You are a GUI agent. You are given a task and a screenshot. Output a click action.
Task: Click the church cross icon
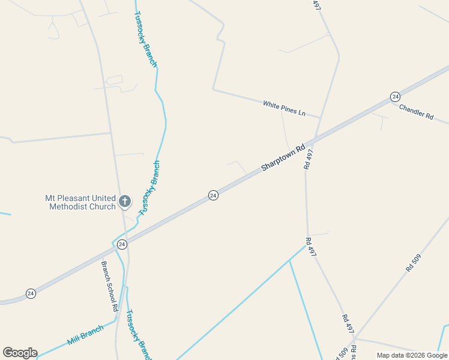pyautogui.click(x=124, y=201)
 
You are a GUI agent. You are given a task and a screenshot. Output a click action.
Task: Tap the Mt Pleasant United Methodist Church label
pyautogui.click(x=80, y=202)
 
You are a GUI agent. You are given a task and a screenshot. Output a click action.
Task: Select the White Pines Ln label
pyautogui.click(x=284, y=109)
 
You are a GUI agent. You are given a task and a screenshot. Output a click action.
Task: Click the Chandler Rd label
pyautogui.click(x=416, y=111)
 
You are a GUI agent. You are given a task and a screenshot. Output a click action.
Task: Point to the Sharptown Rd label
pyautogui.click(x=283, y=158)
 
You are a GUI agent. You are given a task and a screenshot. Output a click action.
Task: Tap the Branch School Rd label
pyautogui.click(x=109, y=286)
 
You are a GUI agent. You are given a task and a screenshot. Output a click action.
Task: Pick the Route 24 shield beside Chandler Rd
pyautogui.click(x=394, y=97)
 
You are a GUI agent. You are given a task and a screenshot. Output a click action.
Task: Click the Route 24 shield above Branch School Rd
pyautogui.click(x=122, y=244)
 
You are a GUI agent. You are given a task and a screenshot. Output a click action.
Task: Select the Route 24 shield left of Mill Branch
pyautogui.click(x=31, y=293)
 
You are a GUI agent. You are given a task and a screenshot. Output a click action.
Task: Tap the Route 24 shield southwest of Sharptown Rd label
pyautogui.click(x=213, y=195)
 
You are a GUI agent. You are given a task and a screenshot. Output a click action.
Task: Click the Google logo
pyautogui.click(x=20, y=353)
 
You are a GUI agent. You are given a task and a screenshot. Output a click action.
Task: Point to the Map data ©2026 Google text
pyautogui.click(x=412, y=355)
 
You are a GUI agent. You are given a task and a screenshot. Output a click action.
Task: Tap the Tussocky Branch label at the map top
pyautogui.click(x=145, y=39)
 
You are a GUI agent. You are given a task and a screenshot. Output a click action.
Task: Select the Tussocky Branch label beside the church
pyautogui.click(x=149, y=188)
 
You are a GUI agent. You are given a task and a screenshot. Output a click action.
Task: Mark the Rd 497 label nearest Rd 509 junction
pyautogui.click(x=348, y=325)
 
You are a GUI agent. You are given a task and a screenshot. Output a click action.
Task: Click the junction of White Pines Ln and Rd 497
pyautogui.click(x=319, y=118)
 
